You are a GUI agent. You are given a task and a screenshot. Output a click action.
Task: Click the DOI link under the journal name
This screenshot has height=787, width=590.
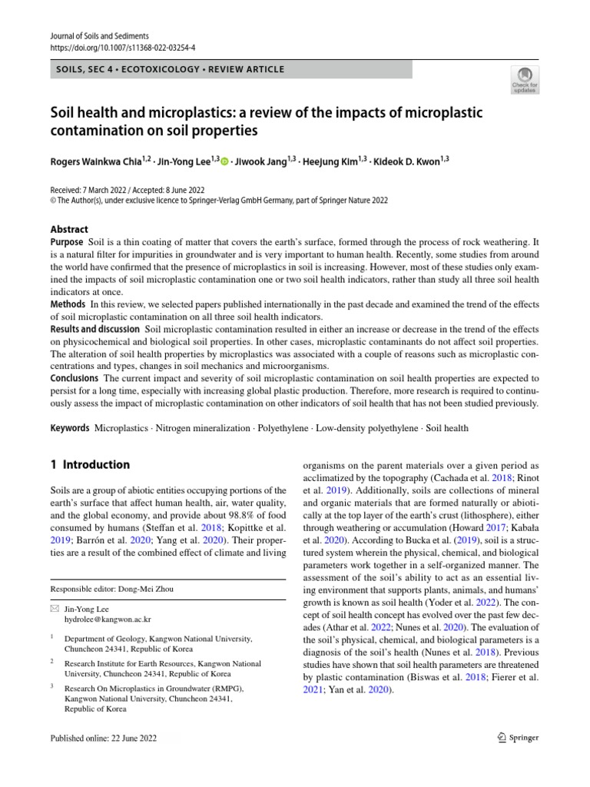pyautogui.click(x=122, y=47)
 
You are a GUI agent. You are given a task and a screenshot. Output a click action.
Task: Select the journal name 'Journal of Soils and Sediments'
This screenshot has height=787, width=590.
pyautogui.click(x=98, y=36)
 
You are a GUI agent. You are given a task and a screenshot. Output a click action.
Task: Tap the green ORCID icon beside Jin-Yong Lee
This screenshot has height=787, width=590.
pyautogui.click(x=225, y=161)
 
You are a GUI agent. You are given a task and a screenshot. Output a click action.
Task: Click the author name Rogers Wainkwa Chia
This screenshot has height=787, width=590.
pyautogui.click(x=97, y=161)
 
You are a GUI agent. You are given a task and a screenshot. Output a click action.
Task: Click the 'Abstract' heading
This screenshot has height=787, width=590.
pyautogui.click(x=69, y=229)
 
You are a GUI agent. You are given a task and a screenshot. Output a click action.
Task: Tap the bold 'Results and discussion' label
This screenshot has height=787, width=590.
pyautogui.click(x=95, y=329)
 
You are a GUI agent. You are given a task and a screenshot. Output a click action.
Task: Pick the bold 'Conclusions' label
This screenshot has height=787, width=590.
pyautogui.click(x=74, y=378)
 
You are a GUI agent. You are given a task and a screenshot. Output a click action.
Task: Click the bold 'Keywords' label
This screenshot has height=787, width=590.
pyautogui.click(x=70, y=428)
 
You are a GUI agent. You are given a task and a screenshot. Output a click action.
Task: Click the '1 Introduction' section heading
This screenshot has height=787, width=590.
pyautogui.click(x=90, y=465)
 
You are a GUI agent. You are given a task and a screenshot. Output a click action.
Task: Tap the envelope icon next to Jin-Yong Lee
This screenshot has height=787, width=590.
pyautogui.click(x=53, y=608)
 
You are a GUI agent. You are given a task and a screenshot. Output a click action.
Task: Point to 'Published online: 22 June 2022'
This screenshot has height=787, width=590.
pyautogui.click(x=103, y=738)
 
